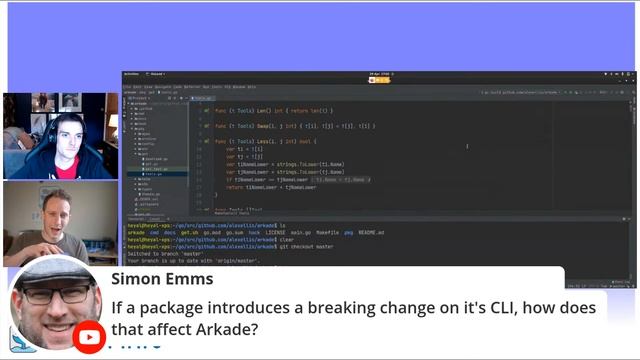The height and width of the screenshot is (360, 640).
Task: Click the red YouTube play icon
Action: [x=90, y=337]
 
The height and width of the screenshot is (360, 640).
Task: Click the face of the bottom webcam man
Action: [x=51, y=209]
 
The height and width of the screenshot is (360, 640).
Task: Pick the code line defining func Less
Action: [x=260, y=142]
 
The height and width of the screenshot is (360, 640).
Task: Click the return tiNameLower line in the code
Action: [x=270, y=187]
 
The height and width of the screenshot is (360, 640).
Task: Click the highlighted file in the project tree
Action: [x=154, y=169]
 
